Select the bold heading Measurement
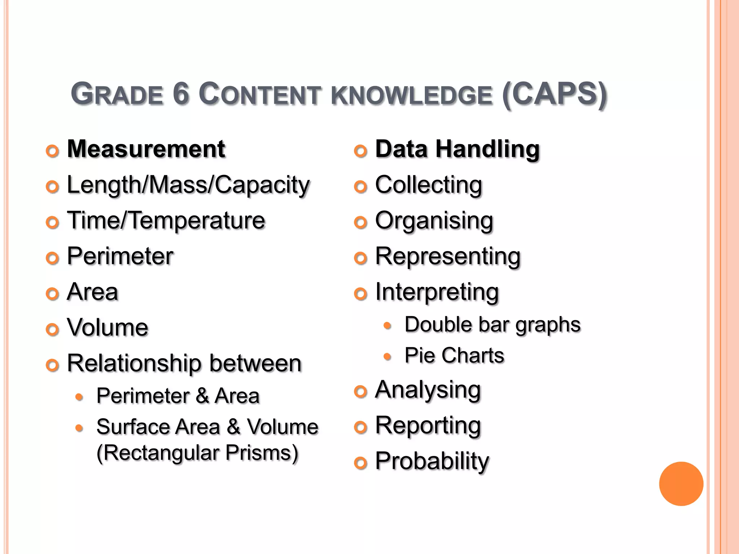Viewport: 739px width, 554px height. [146, 149]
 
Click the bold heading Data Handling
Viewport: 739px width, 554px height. [457, 149]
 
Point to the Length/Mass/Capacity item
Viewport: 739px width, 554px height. [188, 185]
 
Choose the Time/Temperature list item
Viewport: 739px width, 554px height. [166, 220]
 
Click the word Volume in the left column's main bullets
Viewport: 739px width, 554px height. [108, 327]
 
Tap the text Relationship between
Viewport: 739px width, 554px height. [184, 363]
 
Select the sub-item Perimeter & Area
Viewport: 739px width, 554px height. [178, 396]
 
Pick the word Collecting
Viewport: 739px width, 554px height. [428, 185]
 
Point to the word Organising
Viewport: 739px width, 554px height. [434, 220]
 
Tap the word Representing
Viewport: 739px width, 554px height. [448, 256]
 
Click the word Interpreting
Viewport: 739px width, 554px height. [437, 292]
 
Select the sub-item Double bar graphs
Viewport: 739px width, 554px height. [493, 325]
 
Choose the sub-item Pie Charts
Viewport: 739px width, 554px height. [454, 356]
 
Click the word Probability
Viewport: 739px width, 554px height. [432, 461]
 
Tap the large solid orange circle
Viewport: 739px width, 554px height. [681, 484]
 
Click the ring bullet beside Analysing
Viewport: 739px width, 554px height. [360, 391]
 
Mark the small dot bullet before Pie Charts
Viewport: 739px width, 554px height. [387, 357]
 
